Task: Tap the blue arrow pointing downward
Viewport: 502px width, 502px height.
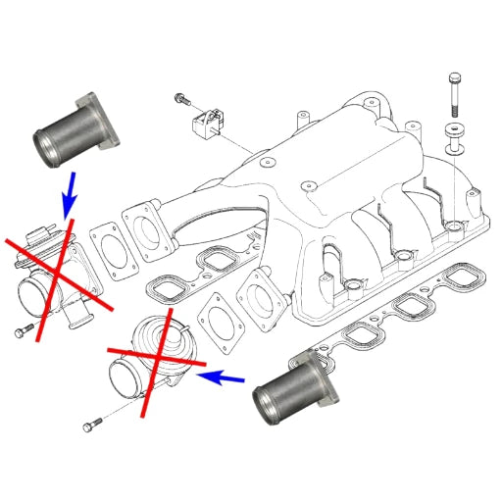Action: (x=68, y=199)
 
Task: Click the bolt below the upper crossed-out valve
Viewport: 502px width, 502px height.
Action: (x=25, y=331)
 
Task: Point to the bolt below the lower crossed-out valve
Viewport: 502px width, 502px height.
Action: (x=91, y=424)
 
